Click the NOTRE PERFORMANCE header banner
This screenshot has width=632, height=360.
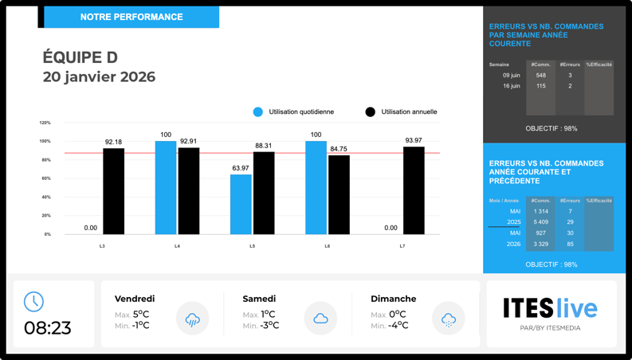[132, 17]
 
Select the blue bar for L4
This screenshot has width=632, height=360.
[166, 188]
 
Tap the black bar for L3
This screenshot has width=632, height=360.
[114, 191]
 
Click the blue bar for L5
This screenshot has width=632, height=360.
[241, 204]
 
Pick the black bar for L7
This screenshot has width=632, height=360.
[414, 190]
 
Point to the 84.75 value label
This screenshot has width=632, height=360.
[339, 149]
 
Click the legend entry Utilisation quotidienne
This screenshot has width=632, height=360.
[294, 112]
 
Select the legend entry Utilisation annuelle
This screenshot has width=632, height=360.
[402, 112]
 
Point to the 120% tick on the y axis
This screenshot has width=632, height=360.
[45, 123]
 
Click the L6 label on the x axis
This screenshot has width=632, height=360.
[328, 247]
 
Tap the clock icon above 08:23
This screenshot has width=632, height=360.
[33, 301]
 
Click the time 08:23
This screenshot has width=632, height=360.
[48, 327]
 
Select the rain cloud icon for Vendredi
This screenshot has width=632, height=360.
[192, 319]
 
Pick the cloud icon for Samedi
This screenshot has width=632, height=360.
[320, 319]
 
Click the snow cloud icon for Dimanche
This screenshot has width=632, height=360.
[449, 319]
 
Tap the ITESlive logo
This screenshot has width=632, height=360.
[550, 308]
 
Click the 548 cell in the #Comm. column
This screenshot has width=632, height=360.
[541, 76]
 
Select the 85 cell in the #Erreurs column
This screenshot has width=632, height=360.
[570, 245]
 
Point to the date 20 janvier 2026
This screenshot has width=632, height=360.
[100, 77]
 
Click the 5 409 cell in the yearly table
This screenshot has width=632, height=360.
[541, 222]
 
